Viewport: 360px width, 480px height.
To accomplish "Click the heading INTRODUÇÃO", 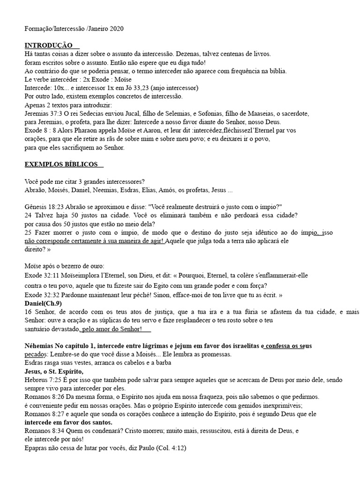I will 48,45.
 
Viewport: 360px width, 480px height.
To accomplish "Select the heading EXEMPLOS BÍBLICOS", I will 61,165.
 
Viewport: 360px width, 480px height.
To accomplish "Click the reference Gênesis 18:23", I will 46,207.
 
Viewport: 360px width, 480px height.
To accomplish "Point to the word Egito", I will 157,285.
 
